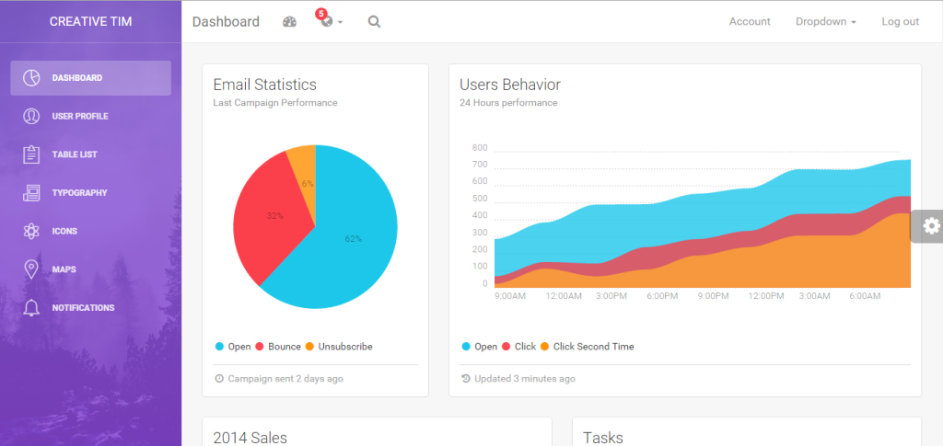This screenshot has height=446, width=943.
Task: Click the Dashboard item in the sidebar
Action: coord(90,78)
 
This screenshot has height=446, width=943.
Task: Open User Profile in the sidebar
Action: coord(80,116)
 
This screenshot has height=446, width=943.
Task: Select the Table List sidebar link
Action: coord(75,154)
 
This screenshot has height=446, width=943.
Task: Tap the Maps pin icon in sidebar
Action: coord(31,269)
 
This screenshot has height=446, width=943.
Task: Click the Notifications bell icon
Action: coord(31,308)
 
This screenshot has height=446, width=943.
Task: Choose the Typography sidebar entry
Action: coord(79,193)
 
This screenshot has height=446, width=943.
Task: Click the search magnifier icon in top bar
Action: coord(374,22)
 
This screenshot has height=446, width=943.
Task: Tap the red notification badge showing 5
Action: coord(320,14)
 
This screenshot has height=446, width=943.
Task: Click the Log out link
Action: coord(900,22)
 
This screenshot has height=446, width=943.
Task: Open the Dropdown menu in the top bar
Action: coord(825,22)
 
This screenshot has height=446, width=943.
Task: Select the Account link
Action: coord(750,22)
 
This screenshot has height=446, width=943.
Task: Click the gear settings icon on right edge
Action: coord(931,225)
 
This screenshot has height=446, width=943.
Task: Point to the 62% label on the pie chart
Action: coord(354,239)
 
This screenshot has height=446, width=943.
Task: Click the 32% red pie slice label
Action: coord(274,216)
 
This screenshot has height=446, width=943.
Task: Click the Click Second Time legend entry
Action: coord(592,347)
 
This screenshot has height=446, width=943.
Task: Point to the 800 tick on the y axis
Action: coord(479,148)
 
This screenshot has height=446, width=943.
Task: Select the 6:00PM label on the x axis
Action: coord(662,296)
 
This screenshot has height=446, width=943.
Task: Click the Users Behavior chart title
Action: coord(510,85)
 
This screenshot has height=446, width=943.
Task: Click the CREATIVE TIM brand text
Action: coord(90,21)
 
